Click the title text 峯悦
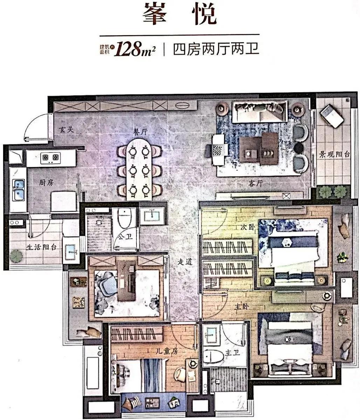pos(179,14)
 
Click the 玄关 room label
pos(67,129)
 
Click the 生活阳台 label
pos(41,246)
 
